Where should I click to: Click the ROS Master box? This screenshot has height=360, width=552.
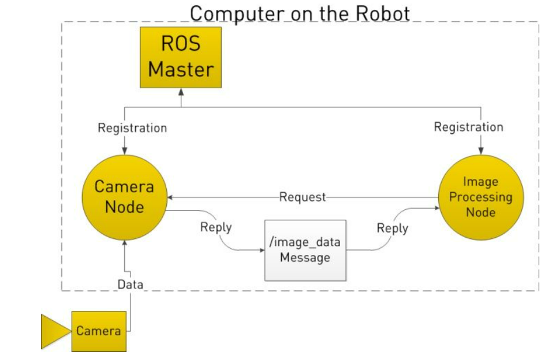(181, 57)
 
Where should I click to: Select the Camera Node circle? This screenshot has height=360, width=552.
(124, 197)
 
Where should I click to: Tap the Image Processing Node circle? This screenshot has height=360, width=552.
(480, 197)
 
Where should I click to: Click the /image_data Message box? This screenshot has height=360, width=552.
(305, 250)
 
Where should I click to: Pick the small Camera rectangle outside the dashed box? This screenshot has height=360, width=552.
(99, 331)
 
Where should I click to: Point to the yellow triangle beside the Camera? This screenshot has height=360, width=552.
(54, 331)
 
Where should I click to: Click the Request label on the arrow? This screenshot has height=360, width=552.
(303, 197)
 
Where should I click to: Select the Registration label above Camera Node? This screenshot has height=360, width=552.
(132, 128)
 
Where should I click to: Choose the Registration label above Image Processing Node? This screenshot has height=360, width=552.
(468, 127)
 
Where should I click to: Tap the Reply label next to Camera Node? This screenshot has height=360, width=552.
(216, 227)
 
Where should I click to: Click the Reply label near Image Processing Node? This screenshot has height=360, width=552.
(392, 228)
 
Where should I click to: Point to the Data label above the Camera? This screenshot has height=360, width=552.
(130, 284)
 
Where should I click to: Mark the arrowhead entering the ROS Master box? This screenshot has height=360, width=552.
(181, 92)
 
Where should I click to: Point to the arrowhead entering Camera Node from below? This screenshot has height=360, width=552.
(124, 243)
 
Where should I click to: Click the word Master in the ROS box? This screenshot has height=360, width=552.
(181, 69)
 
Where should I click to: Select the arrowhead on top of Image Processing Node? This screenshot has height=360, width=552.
(481, 151)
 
